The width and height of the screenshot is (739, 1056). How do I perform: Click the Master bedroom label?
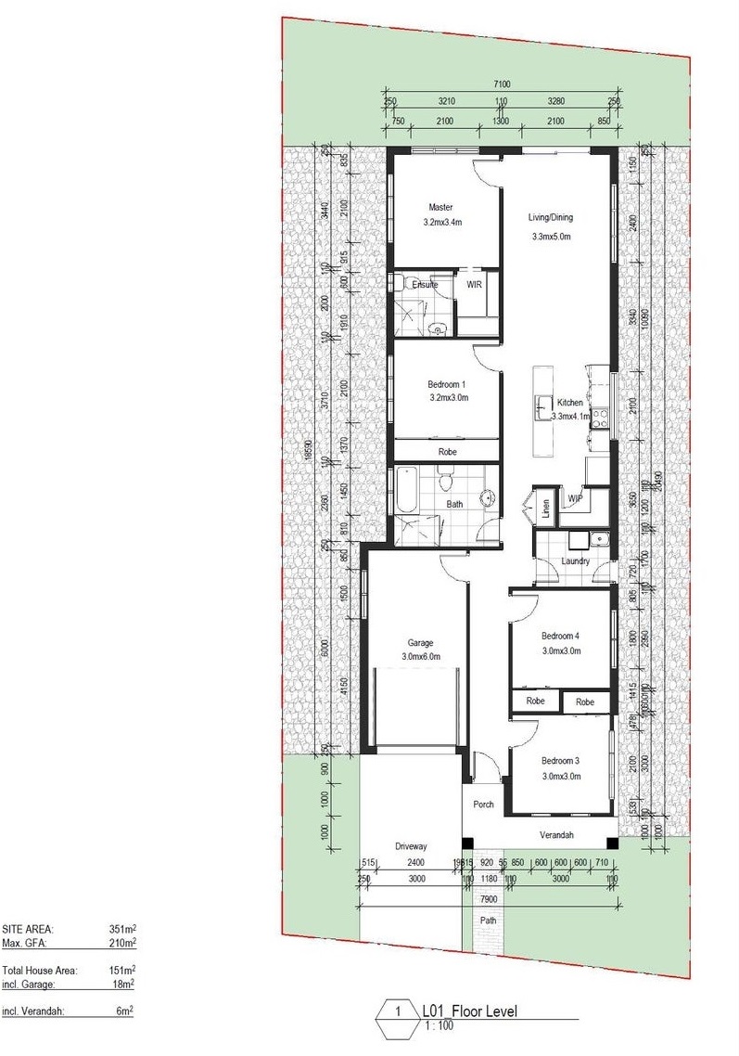pyautogui.click(x=440, y=207)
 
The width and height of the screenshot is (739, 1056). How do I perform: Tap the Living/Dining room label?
pyautogui.click(x=551, y=218)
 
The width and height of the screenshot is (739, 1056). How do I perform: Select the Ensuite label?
pyautogui.click(x=425, y=285)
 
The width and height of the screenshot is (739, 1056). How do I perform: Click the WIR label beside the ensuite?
pyautogui.click(x=475, y=285)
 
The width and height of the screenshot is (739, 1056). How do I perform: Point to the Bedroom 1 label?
pyautogui.click(x=447, y=383)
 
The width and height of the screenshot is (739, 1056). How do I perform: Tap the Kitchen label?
pyautogui.click(x=569, y=403)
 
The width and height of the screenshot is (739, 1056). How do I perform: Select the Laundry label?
pyautogui.click(x=576, y=561)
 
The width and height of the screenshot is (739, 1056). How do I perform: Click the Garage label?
pyautogui.click(x=420, y=642)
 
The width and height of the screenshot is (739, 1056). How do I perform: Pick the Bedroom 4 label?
pyautogui.click(x=560, y=636)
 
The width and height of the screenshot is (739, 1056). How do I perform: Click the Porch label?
pyautogui.click(x=483, y=805)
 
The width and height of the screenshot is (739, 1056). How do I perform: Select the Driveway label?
pyautogui.click(x=411, y=846)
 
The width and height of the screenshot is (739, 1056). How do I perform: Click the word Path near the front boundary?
pyautogui.click(x=488, y=921)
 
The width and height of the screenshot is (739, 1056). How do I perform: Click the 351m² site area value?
pyautogui.click(x=122, y=928)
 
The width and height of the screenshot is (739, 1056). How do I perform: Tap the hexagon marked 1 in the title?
pyautogui.click(x=397, y=1013)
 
